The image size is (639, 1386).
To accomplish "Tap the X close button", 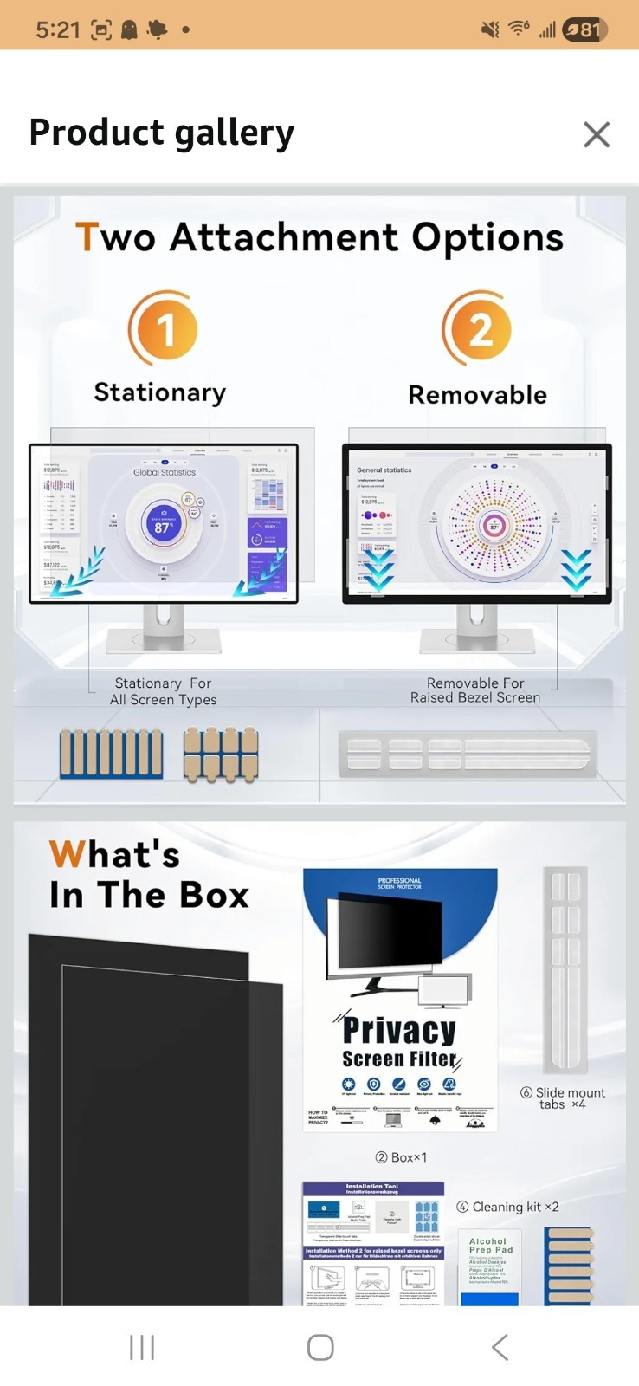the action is pyautogui.click(x=597, y=134).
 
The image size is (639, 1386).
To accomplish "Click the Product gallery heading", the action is pyautogui.click(x=162, y=133).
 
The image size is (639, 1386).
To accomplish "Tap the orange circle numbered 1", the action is pyautogui.click(x=164, y=329).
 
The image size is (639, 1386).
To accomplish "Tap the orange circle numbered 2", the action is pyautogui.click(x=479, y=329).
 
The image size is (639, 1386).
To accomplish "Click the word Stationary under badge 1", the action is pyautogui.click(x=160, y=392).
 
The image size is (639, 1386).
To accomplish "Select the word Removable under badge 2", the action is pyautogui.click(x=478, y=395).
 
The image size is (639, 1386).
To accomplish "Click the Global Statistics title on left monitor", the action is pyautogui.click(x=165, y=472).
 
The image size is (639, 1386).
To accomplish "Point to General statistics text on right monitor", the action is pyautogui.click(x=384, y=470).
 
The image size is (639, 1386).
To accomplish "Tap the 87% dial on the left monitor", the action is pyautogui.click(x=163, y=526).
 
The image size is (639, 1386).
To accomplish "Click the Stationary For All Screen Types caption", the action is pyautogui.click(x=163, y=691).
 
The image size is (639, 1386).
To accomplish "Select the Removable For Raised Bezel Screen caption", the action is pyautogui.click(x=475, y=690).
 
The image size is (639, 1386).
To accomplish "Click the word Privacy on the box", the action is pyautogui.click(x=399, y=1029).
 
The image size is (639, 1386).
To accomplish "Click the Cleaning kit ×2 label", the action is pyautogui.click(x=508, y=1207).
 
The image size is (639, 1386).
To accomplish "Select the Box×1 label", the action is pyautogui.click(x=401, y=1157).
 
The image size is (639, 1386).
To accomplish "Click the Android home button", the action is pyautogui.click(x=320, y=1347).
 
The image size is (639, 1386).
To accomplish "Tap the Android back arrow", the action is pyautogui.click(x=500, y=1347).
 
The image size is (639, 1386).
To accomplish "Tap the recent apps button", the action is pyautogui.click(x=142, y=1347).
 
